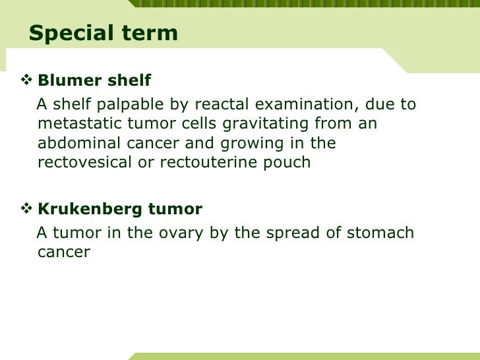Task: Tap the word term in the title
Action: [x=150, y=34]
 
